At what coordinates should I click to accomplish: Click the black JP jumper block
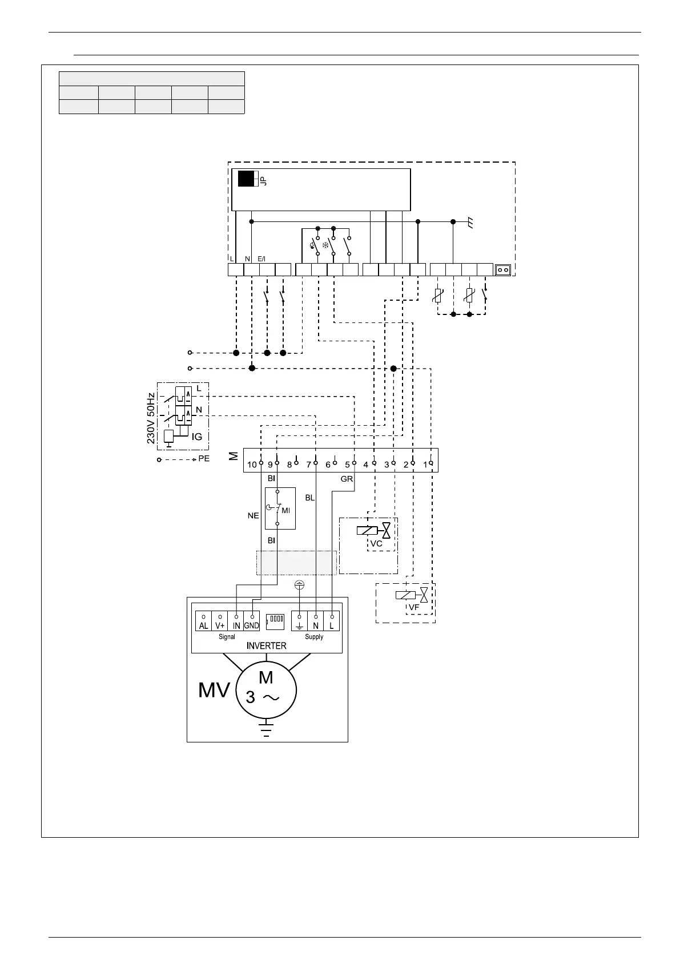[247, 179]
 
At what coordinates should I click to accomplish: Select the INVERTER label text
[266, 646]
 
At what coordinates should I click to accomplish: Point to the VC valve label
[376, 544]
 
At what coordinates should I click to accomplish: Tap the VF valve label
[415, 608]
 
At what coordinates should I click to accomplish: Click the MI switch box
[280, 508]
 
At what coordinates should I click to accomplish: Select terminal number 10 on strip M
[252, 465]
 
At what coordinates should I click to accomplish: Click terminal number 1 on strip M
[425, 465]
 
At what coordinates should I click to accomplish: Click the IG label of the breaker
[196, 437]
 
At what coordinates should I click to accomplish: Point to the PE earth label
[204, 459]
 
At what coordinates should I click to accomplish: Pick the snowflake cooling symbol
[326, 245]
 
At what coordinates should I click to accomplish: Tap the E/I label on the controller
[261, 259]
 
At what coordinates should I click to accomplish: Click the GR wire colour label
[347, 479]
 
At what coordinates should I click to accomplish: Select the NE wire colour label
[253, 515]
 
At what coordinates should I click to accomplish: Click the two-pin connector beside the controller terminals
[503, 269]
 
